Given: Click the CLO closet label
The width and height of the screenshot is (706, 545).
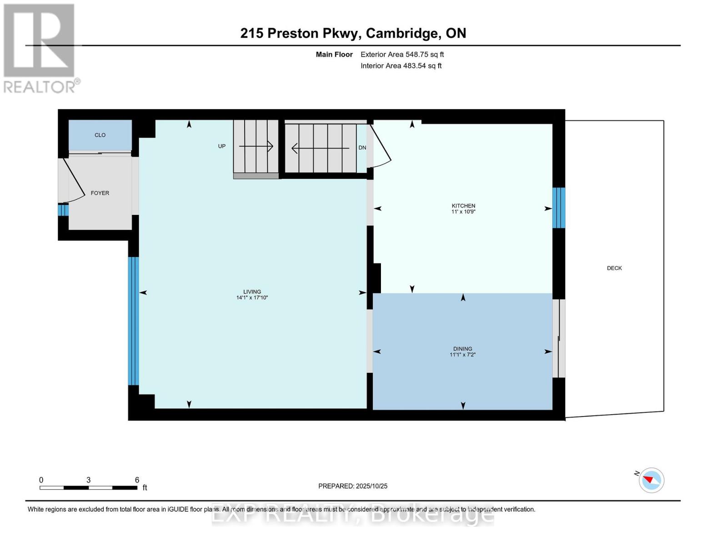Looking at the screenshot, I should (100, 135).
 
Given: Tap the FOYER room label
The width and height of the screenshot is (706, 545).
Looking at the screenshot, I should (100, 193).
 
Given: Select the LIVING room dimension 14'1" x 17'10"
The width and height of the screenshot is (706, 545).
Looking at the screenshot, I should (252, 298).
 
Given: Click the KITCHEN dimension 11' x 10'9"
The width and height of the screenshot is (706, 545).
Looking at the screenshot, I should (463, 212).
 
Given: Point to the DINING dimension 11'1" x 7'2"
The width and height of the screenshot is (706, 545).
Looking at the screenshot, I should (462, 355).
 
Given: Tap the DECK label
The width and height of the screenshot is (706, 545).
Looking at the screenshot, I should (614, 268).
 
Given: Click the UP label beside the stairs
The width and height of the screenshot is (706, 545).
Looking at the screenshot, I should (222, 146).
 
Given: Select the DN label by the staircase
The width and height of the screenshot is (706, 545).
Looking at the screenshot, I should (362, 148).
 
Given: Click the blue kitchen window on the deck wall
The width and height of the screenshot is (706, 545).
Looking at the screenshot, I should (559, 208).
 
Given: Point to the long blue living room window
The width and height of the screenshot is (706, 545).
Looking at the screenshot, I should (133, 321).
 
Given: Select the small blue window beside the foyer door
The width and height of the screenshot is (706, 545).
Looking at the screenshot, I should (63, 210).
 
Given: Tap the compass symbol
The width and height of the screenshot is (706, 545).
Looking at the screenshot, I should (651, 480).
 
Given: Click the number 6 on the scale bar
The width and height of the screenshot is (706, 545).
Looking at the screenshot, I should (137, 480).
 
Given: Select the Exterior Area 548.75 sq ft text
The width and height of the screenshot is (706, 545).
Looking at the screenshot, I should (402, 54).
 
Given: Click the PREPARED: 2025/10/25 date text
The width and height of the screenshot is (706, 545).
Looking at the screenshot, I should (353, 486).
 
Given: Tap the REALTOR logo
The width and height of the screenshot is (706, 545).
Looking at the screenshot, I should (40, 48).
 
